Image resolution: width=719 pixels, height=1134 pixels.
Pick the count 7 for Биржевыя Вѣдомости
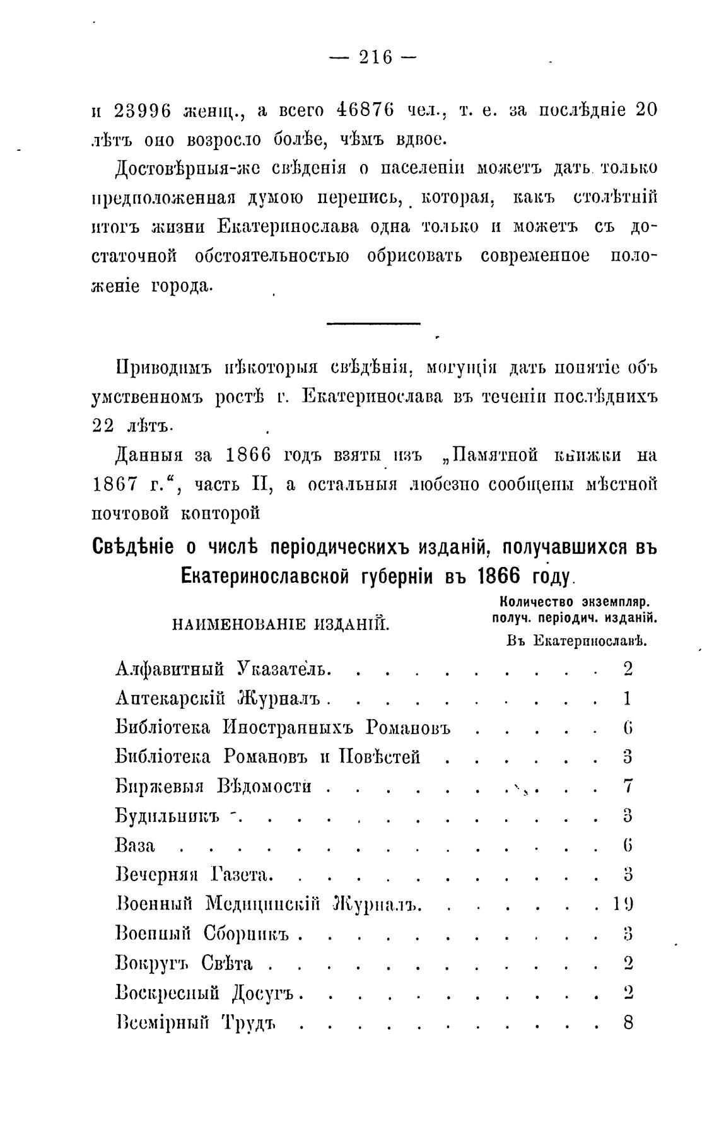(x=628, y=786)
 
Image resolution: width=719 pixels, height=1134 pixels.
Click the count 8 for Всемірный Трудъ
(x=628, y=1022)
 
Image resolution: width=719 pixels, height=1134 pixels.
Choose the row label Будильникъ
(x=167, y=816)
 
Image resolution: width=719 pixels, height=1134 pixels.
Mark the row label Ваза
(x=136, y=846)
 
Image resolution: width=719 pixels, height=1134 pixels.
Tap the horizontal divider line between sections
(x=373, y=324)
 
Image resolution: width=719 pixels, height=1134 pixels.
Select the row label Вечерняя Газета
(x=194, y=875)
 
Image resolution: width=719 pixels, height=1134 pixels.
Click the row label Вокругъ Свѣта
(x=185, y=963)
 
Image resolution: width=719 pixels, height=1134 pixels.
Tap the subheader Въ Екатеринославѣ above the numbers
(x=577, y=641)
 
